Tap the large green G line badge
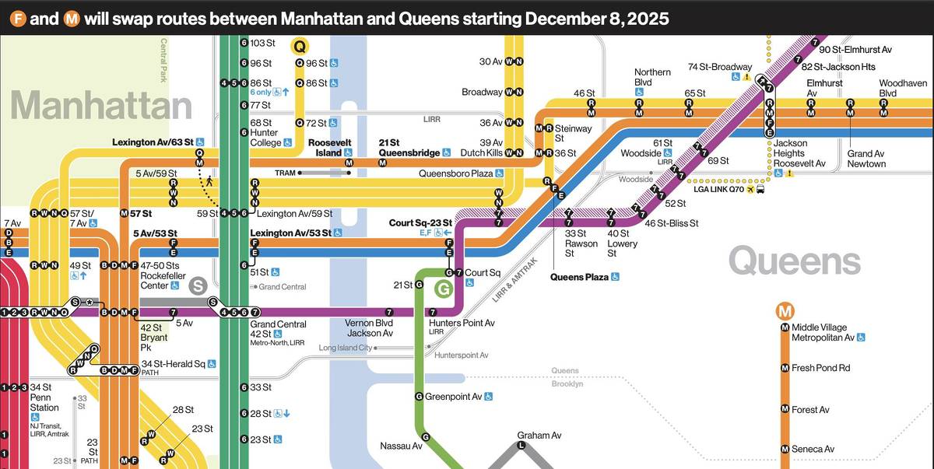443,291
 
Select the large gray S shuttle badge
198,285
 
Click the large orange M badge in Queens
785,311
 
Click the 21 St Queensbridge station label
409,148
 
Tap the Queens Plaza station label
580,277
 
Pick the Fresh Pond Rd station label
820,368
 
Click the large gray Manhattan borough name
101,105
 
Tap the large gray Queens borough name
794,262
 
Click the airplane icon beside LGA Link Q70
750,189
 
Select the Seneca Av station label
813,450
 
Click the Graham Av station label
539,436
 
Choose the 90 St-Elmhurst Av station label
855,50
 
